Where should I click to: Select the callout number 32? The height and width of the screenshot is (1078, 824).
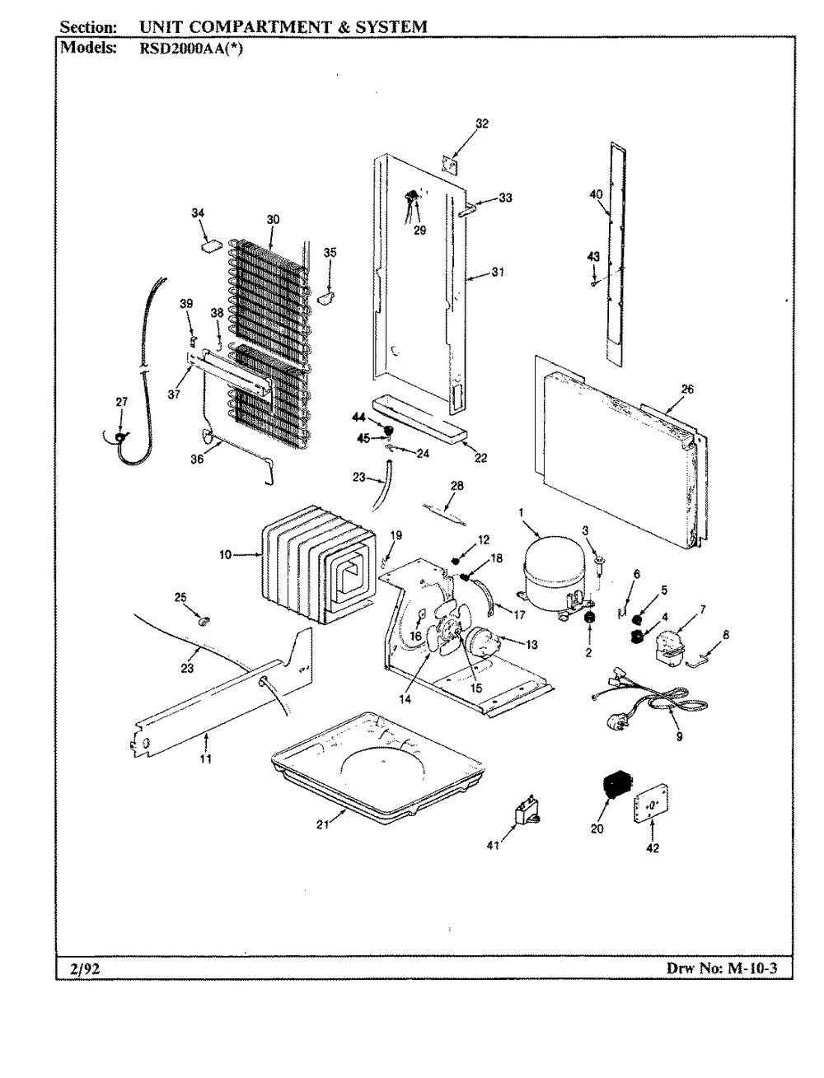point(482,124)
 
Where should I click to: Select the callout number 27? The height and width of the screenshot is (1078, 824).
point(121,402)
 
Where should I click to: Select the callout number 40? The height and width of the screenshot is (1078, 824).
point(597,194)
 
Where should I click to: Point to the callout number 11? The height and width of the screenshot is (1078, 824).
point(205,758)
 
